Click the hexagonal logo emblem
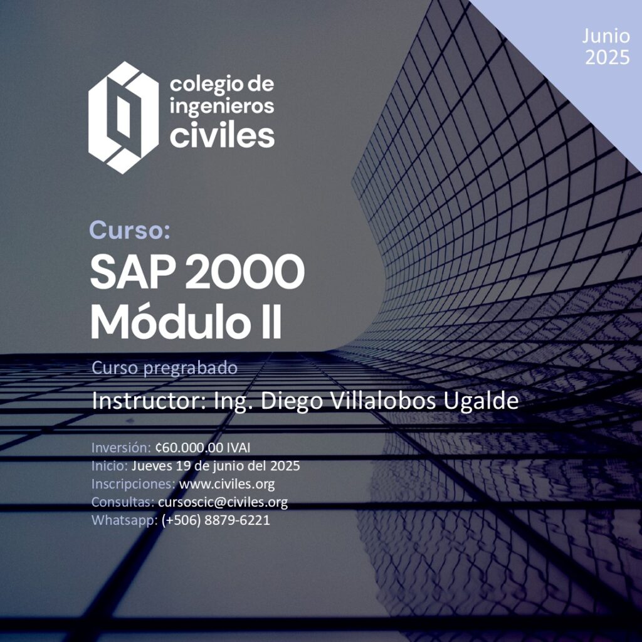point(124,117)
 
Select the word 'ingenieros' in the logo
point(221,107)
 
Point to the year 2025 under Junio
point(607,57)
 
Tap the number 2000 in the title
point(245,272)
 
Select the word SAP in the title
point(134,272)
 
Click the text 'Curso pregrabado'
point(164,368)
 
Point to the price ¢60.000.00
point(189,448)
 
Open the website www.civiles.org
point(227,485)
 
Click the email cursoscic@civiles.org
point(223,502)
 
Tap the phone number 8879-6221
point(237,520)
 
